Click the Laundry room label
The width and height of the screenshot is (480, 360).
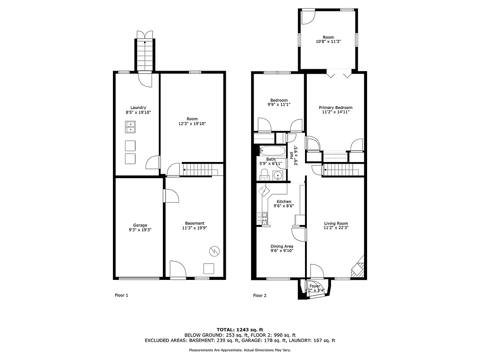(x=138, y=108)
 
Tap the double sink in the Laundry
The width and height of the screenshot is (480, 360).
(x=130, y=128)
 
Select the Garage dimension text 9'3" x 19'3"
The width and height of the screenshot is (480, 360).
(x=140, y=230)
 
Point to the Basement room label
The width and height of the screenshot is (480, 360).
(x=194, y=223)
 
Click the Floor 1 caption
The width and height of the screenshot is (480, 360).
(x=121, y=296)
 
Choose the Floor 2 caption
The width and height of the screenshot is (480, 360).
(x=260, y=296)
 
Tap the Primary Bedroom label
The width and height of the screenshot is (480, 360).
(x=335, y=108)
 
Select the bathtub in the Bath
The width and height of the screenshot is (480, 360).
(x=273, y=151)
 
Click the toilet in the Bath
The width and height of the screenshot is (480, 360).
(x=264, y=175)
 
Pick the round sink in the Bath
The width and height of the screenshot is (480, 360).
(x=278, y=175)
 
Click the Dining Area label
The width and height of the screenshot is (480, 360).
(x=282, y=246)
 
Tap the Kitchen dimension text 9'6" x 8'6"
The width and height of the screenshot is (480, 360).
(x=283, y=206)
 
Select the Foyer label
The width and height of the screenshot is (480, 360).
(x=315, y=286)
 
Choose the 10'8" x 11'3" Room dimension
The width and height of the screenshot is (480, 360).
(x=328, y=41)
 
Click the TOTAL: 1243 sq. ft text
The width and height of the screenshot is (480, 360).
(x=239, y=329)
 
